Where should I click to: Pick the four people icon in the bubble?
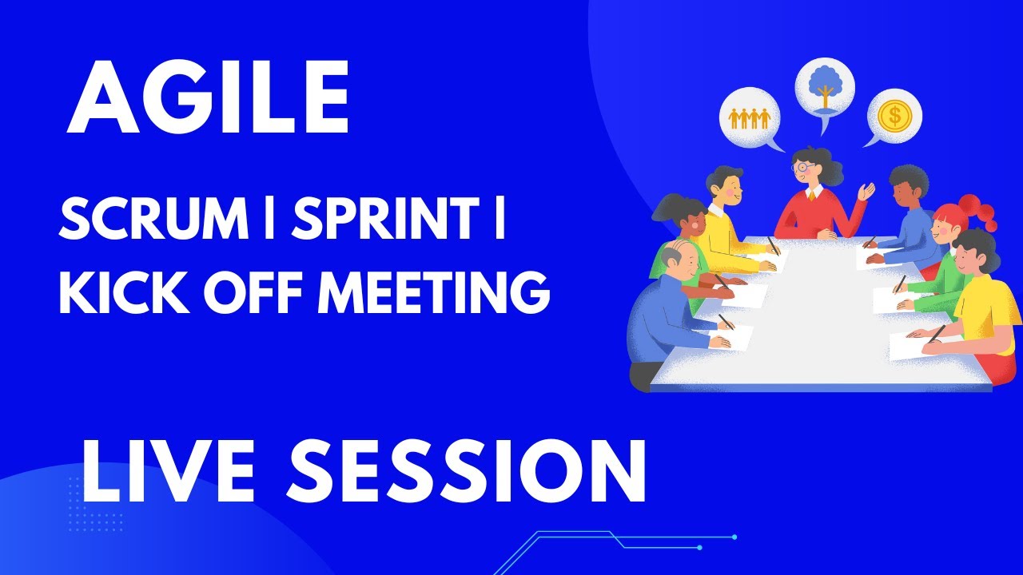click(x=750, y=118)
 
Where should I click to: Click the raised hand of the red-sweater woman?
click(x=866, y=192)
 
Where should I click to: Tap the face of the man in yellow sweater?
click(x=731, y=187)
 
